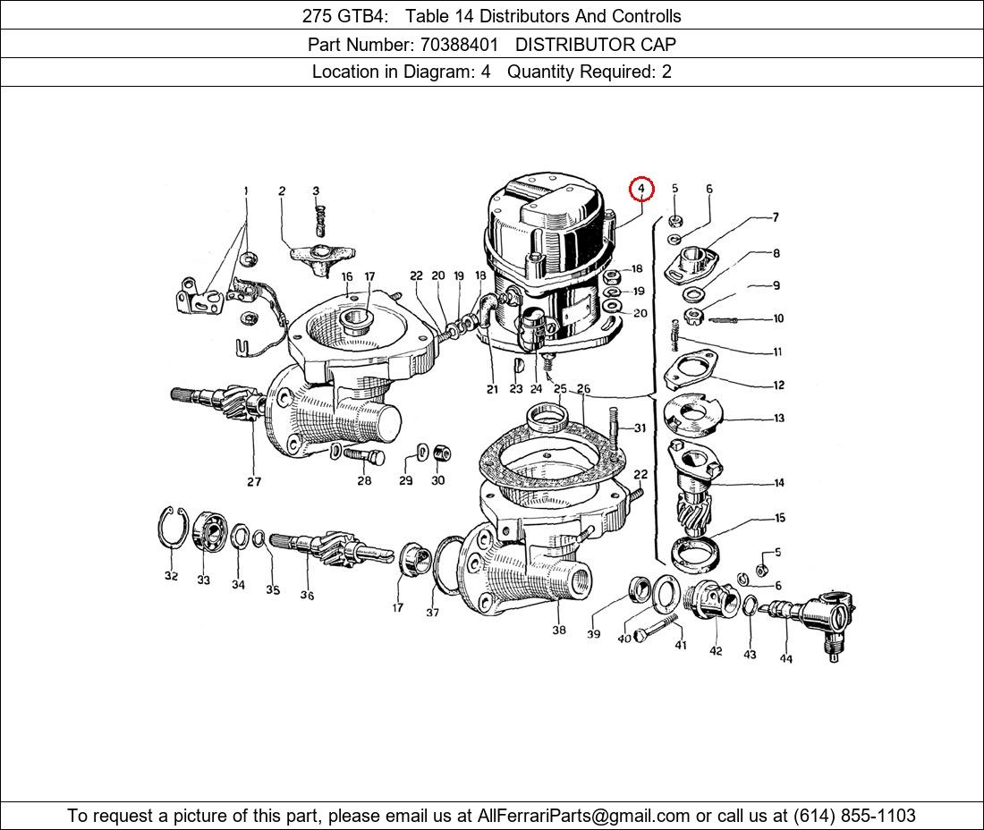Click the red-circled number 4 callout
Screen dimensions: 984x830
641,188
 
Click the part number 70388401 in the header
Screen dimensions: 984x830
460,45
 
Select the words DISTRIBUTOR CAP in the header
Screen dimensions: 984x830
596,45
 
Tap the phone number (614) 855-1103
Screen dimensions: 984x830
854,816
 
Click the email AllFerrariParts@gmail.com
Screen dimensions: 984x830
583,816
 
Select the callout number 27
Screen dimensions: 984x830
253,482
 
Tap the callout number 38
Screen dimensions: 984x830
558,630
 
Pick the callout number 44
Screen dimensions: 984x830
785,659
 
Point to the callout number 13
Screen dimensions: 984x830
779,418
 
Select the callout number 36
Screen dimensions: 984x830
306,595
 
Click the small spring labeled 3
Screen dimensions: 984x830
319,220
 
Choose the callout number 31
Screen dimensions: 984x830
640,428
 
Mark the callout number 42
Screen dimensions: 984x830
716,651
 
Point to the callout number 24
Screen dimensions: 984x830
535,389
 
